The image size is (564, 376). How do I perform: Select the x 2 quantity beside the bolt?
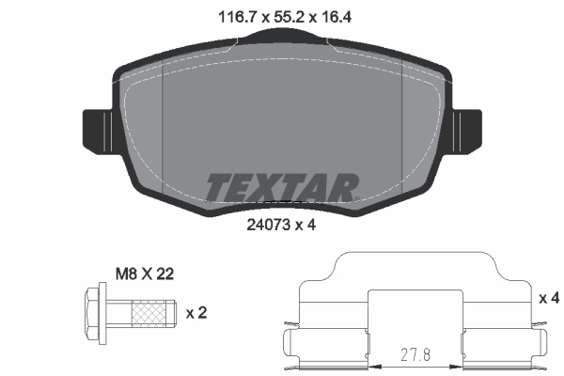tap(197, 312)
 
